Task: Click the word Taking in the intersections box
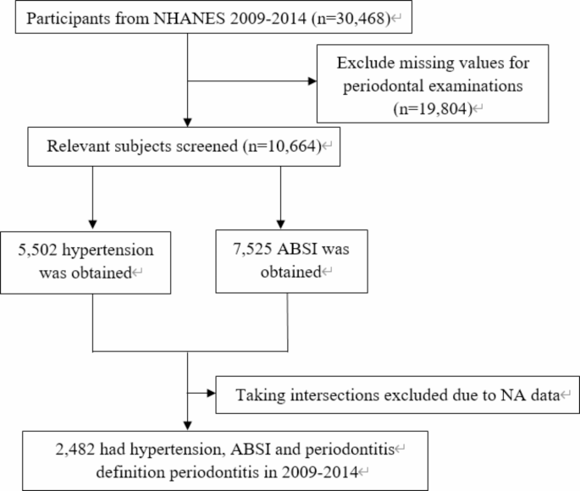259,395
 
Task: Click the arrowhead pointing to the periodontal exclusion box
312,83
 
